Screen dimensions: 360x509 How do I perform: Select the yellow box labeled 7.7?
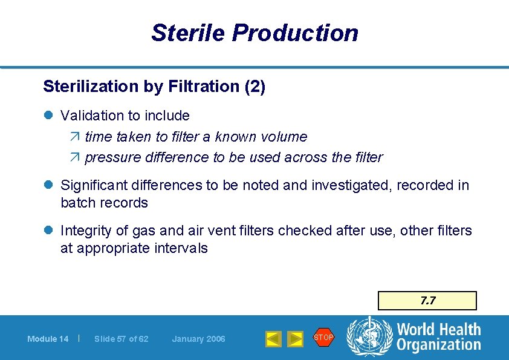(427, 301)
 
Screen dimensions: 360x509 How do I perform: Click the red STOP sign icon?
(323, 338)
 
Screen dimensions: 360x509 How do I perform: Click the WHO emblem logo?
(369, 337)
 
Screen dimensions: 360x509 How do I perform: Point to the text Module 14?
(48, 339)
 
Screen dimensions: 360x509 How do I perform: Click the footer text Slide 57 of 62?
(121, 339)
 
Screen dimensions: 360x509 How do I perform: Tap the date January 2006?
(198, 339)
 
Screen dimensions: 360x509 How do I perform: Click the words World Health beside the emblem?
(438, 330)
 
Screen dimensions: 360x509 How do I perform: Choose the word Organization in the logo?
(438, 345)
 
